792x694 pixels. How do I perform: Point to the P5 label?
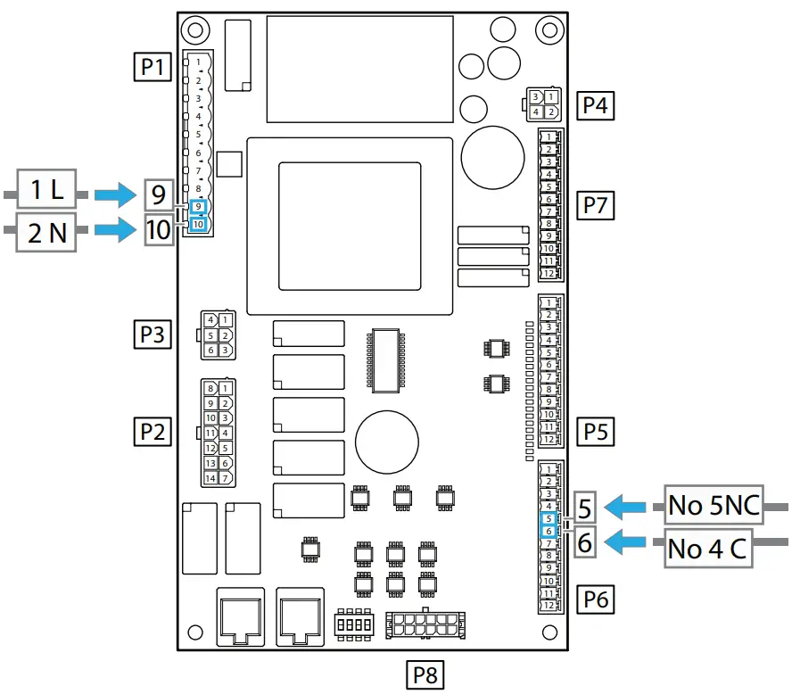595,432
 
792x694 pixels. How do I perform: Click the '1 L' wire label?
45,192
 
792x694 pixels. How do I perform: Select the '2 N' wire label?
47,233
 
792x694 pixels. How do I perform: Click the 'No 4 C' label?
706,549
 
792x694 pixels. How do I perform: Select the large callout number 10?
158,230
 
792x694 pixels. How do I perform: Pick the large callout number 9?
158,193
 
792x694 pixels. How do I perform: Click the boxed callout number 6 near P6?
585,542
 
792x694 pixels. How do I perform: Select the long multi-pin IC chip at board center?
384,359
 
